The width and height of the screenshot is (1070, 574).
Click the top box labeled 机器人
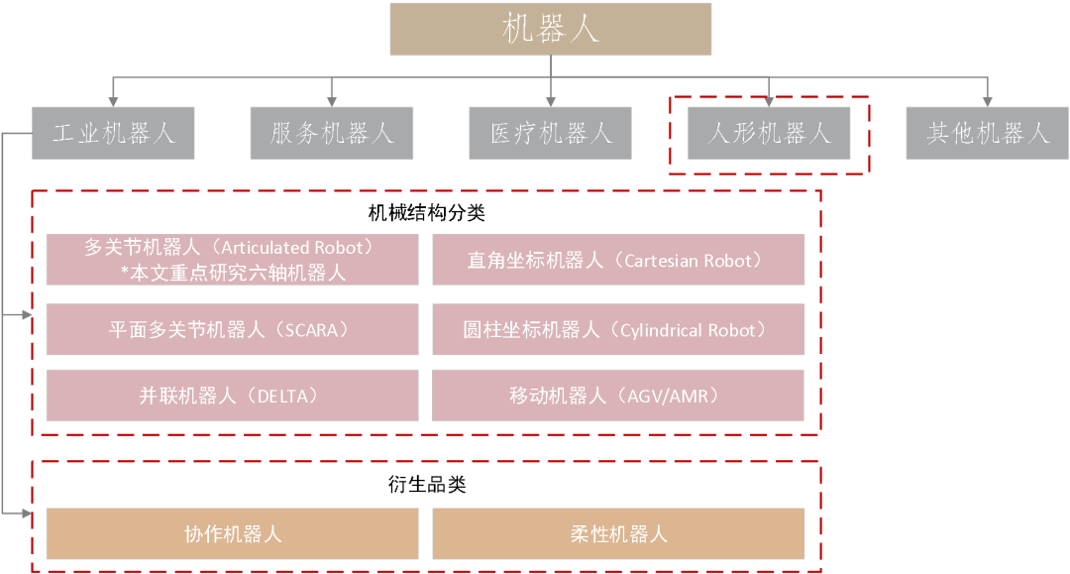550,29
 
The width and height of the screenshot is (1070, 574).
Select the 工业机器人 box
113,133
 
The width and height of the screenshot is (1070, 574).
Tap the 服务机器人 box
332,133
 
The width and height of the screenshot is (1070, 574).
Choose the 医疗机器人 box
551,133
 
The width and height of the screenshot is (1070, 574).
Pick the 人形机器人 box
769,133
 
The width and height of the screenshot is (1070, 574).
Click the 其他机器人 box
987,133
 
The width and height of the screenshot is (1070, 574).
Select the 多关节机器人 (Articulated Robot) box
232,260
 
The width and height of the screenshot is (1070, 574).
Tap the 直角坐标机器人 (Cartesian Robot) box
618,260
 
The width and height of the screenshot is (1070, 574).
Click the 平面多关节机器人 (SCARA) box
232,330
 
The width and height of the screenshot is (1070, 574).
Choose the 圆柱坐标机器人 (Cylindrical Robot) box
618,330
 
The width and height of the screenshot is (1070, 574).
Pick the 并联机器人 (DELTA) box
232,396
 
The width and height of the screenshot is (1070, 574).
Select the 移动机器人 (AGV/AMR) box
618,396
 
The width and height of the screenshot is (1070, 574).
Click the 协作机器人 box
232,534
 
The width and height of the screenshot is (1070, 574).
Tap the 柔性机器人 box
618,534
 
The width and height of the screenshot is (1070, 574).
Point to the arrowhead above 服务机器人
332,100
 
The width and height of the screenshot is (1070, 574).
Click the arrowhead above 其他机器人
987,100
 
